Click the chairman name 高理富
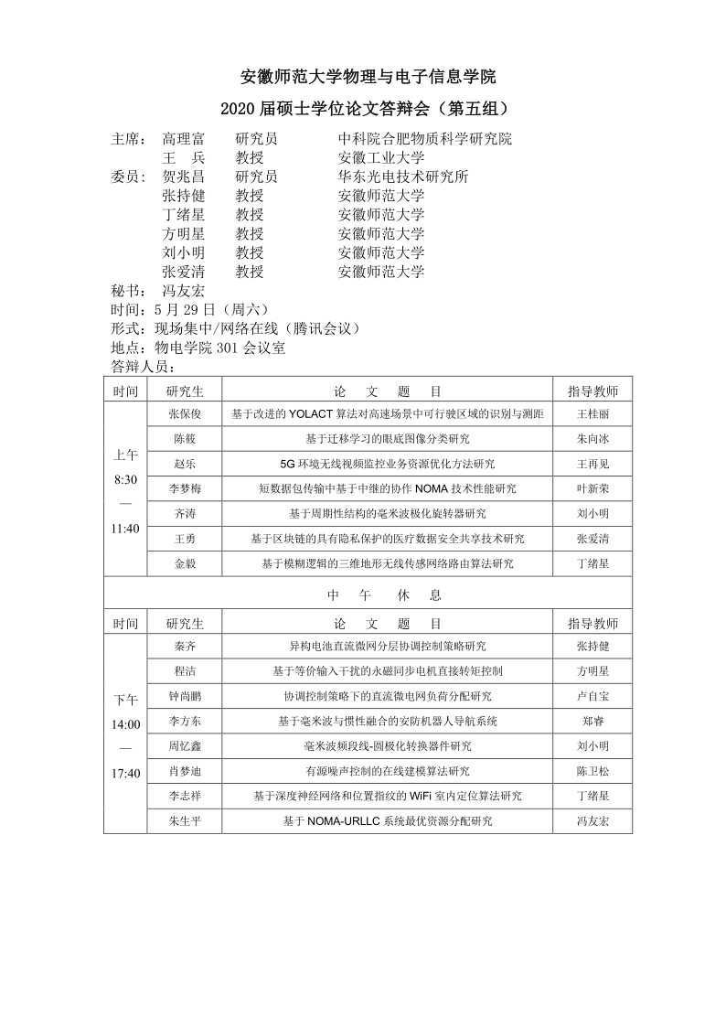point(183,140)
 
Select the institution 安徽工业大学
point(380,158)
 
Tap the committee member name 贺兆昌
point(183,177)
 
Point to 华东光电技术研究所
point(402,177)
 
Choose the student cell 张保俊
point(185,414)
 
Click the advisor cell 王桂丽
point(593,414)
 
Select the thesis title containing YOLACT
point(387,414)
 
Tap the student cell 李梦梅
point(185,489)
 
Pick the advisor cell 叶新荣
point(593,489)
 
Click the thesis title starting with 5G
point(387,464)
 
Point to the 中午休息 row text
point(385,594)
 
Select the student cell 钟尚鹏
point(185,696)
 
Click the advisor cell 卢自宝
point(593,696)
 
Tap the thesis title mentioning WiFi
point(387,797)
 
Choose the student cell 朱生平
point(185,821)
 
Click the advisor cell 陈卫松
point(593,771)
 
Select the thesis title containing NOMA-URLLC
point(387,821)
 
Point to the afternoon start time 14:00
point(126,725)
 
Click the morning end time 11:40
point(126,529)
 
